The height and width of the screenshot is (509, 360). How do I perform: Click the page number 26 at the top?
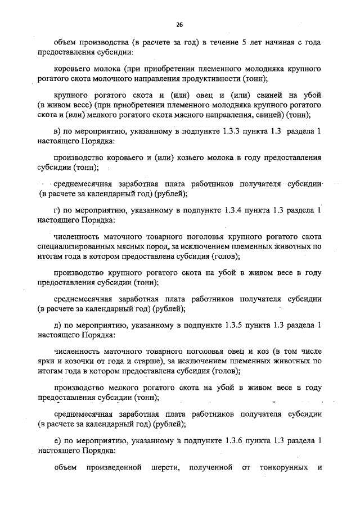coord(179,25)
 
